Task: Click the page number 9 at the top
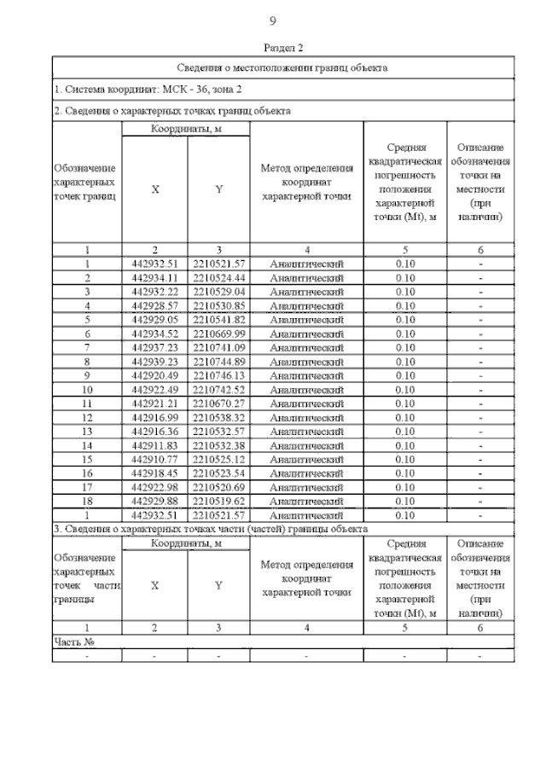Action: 272,21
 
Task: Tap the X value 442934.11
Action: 154,277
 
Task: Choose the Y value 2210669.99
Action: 219,333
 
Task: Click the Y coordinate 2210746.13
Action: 219,374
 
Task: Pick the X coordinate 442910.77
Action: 154,459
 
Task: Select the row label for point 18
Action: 87,501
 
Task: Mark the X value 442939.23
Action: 154,361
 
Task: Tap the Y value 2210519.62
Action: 219,501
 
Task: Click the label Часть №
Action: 73,641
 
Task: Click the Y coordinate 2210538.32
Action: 219,417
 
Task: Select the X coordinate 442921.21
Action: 154,403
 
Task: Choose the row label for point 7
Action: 87,347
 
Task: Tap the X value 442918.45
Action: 154,473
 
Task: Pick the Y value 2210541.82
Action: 219,319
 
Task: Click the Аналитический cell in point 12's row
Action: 305,417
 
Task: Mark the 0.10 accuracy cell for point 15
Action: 405,459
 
